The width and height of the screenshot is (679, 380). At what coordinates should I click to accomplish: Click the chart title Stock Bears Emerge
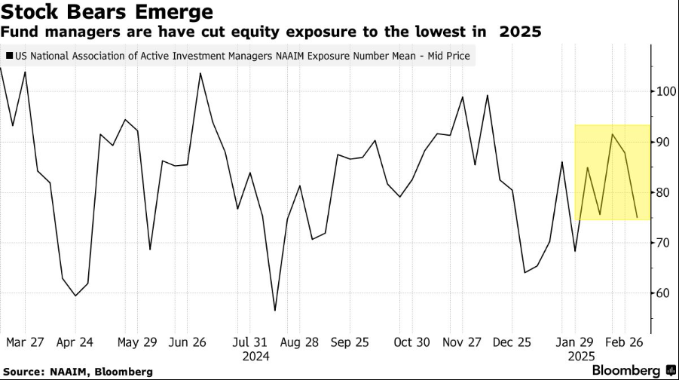106,13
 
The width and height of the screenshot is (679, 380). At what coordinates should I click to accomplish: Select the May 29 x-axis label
136,342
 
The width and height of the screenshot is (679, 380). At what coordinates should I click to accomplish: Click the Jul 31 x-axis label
250,342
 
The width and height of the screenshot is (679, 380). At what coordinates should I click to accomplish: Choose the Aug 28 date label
299,342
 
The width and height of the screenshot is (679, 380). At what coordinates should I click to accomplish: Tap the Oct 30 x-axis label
413,342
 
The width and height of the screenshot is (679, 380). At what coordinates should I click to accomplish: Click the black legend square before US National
8,56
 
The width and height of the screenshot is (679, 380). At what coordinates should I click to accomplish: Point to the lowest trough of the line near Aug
275,310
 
